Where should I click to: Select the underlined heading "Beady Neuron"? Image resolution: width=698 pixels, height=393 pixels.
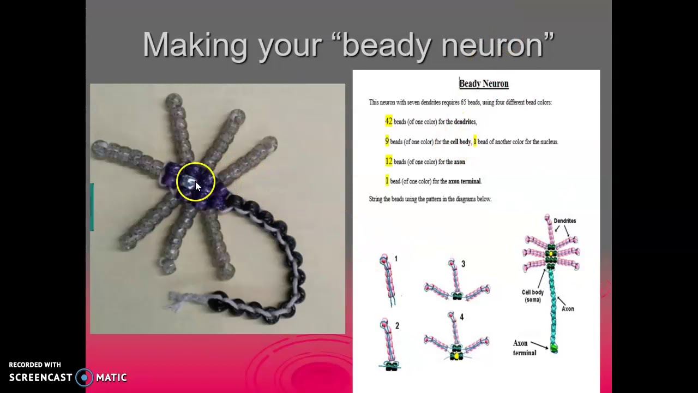coord(484,84)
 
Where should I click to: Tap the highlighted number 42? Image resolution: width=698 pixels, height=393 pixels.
coord(388,121)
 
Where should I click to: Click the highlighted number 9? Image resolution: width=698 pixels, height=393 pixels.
coord(387,141)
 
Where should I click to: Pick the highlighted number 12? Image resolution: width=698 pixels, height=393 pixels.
coord(388,162)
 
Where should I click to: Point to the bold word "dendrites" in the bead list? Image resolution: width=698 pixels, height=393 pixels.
coord(465,122)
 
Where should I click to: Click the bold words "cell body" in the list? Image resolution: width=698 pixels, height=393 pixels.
coord(460,142)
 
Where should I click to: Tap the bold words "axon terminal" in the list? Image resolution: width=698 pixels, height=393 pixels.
coord(464,181)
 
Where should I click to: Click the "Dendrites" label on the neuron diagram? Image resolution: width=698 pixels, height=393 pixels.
coord(564,221)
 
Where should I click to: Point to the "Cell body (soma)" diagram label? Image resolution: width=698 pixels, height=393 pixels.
coord(533,296)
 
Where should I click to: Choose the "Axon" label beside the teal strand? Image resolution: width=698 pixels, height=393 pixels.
coord(568,309)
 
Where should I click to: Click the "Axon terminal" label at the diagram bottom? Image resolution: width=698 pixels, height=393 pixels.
coord(524,348)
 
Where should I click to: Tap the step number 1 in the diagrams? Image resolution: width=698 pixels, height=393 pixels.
coord(396,259)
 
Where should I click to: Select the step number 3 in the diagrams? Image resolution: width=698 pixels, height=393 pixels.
coord(463,264)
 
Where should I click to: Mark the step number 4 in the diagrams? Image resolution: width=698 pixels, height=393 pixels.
coord(461,317)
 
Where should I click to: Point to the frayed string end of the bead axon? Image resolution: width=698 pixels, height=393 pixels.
coord(177,300)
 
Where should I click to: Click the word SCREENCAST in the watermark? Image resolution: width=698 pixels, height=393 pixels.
coord(40,377)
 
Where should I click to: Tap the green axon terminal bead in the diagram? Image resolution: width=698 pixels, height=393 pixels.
coord(554,348)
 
